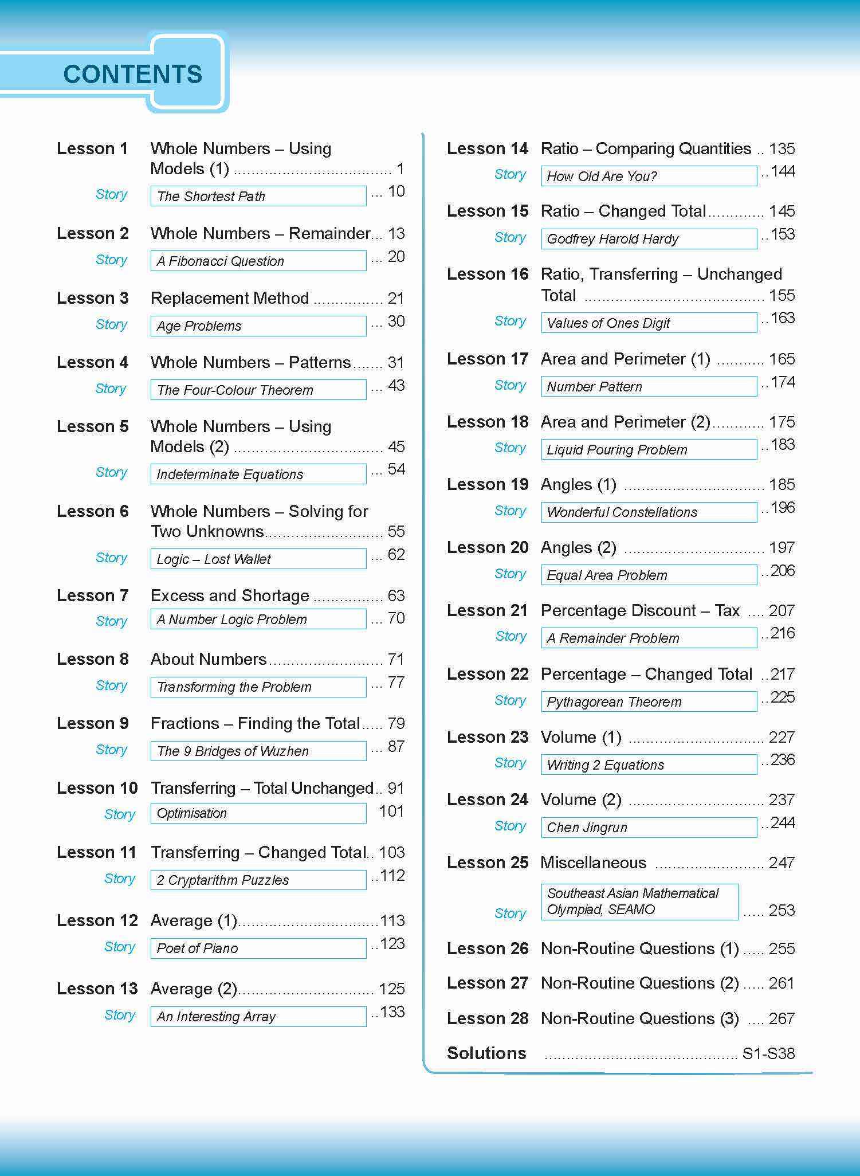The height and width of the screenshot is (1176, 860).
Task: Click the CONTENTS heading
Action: [133, 75]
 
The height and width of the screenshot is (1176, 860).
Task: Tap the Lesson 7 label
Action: [92, 595]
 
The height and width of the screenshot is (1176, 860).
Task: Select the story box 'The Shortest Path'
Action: [258, 196]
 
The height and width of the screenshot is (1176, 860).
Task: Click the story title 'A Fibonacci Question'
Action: [221, 261]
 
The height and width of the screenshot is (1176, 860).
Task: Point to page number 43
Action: [396, 385]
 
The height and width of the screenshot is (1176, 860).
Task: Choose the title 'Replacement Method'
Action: [230, 298]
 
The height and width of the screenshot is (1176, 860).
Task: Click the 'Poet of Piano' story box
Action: [258, 948]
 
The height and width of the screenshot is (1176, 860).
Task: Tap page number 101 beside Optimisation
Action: [391, 812]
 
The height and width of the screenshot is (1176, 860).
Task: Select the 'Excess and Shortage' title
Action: [230, 595]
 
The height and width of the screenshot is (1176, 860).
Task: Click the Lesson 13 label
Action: [97, 989]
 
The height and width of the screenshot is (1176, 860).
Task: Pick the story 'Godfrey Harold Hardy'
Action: [612, 239]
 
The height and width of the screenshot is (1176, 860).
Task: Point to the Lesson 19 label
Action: [488, 484]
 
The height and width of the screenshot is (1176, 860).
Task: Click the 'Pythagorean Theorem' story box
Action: [649, 702]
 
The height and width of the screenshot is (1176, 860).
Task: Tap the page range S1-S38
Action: [768, 1053]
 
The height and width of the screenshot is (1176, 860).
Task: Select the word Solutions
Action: [486, 1053]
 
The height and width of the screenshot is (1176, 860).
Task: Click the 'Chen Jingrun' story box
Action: [649, 828]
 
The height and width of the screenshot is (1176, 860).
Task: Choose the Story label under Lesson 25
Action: [510, 914]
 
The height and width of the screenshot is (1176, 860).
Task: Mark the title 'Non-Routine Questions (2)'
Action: [639, 983]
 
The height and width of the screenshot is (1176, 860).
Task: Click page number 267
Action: [782, 1019]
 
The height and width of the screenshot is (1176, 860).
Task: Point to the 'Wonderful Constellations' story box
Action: [649, 512]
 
